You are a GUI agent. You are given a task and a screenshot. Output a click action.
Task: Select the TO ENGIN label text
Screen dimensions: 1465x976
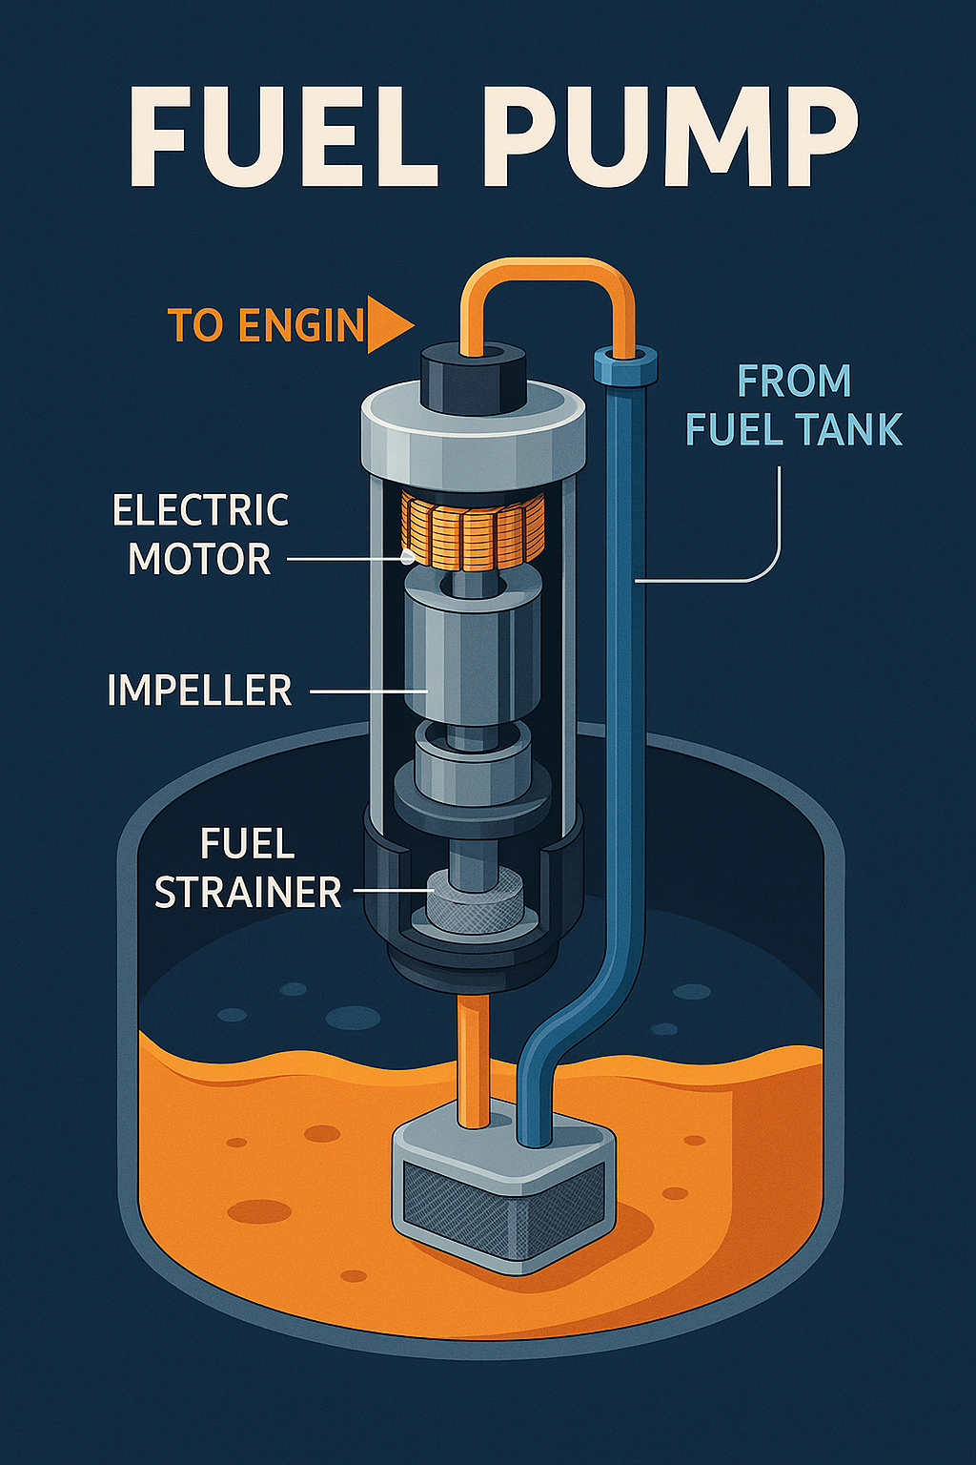266,325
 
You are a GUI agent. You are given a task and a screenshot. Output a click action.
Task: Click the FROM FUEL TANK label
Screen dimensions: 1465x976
793,405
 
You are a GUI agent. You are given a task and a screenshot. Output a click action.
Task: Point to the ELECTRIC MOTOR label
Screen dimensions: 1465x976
200,534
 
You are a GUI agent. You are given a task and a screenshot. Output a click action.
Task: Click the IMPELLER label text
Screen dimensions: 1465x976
199,691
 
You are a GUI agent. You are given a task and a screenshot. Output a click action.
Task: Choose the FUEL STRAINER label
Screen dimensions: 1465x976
247,869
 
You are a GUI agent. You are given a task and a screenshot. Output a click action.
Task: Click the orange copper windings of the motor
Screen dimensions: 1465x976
473,530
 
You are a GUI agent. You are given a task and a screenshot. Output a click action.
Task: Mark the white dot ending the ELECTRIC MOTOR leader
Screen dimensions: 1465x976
408,556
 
